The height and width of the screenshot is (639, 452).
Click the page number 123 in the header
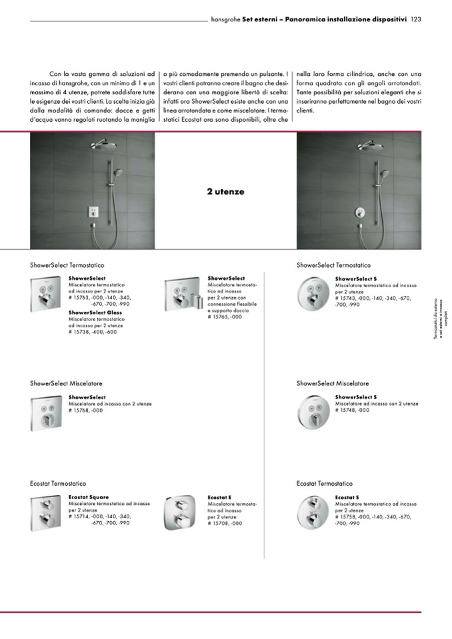[415, 19]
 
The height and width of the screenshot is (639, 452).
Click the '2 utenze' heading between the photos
[225, 192]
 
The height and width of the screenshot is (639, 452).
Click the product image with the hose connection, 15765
[181, 295]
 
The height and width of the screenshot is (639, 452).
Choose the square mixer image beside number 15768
[47, 413]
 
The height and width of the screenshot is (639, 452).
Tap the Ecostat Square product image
[47, 514]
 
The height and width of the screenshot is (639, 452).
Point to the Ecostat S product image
[313, 514]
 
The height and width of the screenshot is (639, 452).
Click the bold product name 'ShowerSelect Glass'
[95, 313]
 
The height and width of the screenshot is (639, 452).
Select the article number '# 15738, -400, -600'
[93, 332]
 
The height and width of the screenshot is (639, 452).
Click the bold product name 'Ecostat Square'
[89, 497]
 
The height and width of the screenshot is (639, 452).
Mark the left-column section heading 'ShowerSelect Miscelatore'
[66, 384]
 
